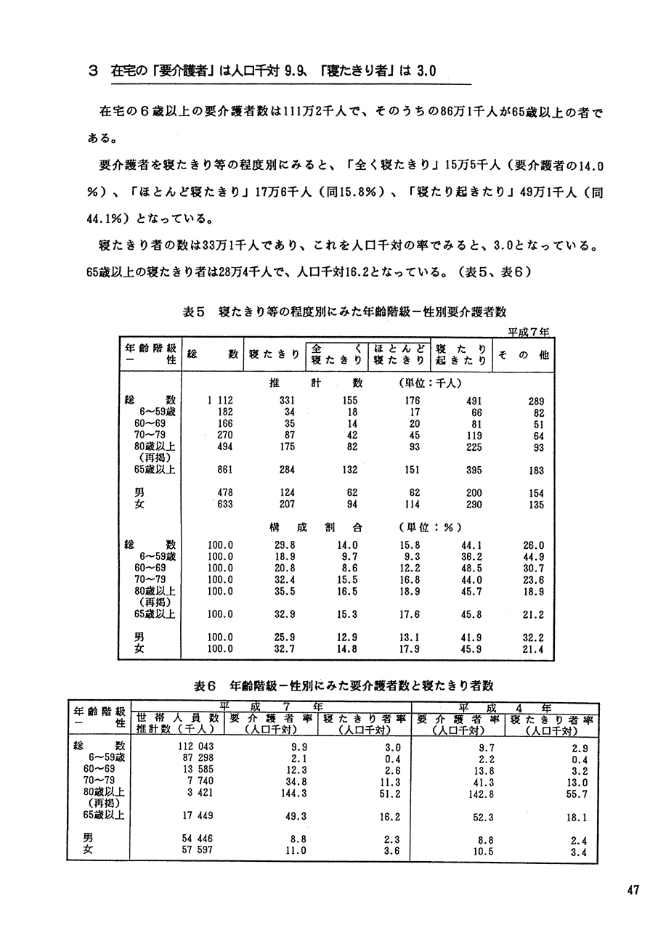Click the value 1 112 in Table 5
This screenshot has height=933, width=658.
pos(219,400)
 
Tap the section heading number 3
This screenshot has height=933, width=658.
pos(92,71)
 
